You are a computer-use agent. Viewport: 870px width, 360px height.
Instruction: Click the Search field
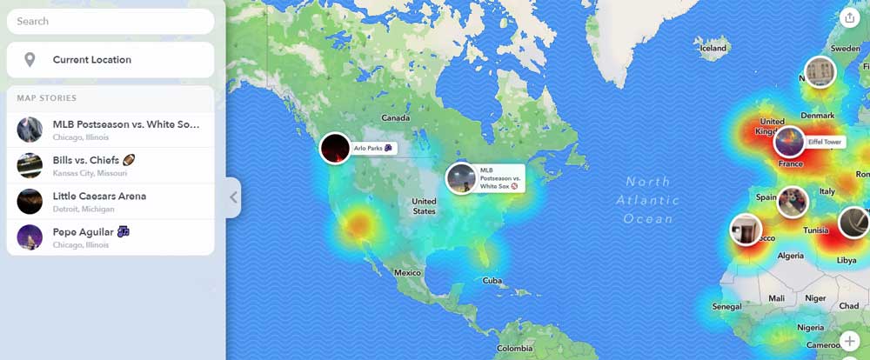coord(110,21)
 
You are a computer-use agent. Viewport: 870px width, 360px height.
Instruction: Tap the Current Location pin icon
coord(30,60)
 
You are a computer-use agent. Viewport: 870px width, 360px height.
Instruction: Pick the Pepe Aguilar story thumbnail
coord(30,237)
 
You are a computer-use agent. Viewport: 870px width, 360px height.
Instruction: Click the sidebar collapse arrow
coord(233,197)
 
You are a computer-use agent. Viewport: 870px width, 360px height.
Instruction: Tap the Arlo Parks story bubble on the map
coord(335,149)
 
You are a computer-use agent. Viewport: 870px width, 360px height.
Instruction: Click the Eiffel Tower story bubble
coord(789,142)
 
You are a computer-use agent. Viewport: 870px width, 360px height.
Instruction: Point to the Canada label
coord(396,117)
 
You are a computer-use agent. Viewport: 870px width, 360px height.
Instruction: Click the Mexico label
coord(407,273)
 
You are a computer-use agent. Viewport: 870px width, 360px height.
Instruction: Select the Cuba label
coord(493,281)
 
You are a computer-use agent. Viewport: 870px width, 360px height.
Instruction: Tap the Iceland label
coord(713,49)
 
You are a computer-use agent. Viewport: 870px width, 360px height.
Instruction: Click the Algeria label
coord(790,256)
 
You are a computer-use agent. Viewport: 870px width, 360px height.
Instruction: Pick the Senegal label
coord(727,307)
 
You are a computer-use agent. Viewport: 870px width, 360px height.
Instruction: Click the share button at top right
coord(849,17)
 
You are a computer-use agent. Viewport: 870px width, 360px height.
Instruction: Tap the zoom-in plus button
coord(850,341)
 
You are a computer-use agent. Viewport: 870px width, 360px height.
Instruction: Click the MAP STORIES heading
coord(47,98)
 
